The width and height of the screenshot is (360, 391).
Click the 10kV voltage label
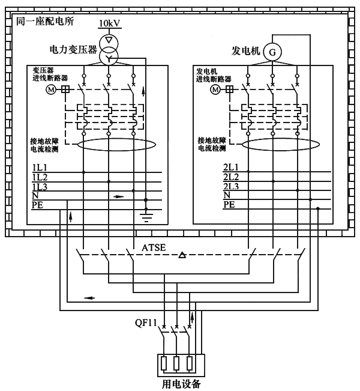click(x=109, y=23)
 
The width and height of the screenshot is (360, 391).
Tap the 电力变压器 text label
click(x=74, y=50)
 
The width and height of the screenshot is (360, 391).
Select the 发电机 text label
click(x=245, y=51)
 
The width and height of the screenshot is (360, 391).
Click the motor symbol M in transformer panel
click(x=50, y=89)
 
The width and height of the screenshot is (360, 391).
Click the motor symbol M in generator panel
click(x=214, y=89)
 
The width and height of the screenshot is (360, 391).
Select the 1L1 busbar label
click(x=40, y=168)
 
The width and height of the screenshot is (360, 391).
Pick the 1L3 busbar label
click(x=40, y=187)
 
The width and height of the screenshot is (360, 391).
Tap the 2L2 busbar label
click(x=230, y=177)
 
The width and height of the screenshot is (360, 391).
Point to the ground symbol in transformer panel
click(x=145, y=214)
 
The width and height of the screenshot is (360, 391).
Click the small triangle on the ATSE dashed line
click(x=182, y=256)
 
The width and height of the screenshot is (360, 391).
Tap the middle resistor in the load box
click(x=176, y=363)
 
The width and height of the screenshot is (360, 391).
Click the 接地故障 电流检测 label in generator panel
click(x=212, y=144)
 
